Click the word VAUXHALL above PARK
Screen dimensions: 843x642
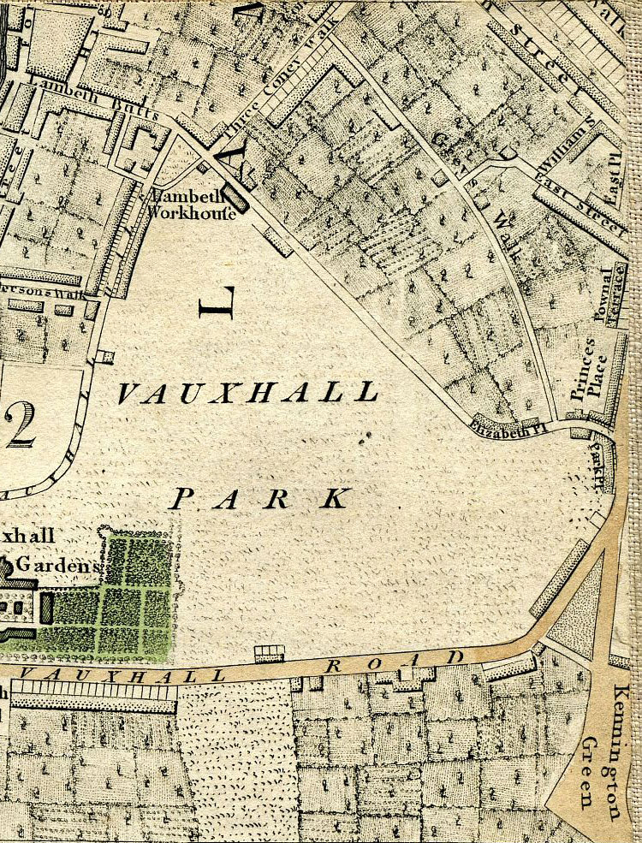(247, 393)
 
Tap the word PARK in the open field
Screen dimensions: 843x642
(260, 498)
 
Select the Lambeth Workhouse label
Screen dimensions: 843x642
(193, 205)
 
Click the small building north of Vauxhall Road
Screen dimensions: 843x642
(270, 653)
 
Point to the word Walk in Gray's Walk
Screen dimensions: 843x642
(502, 233)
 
